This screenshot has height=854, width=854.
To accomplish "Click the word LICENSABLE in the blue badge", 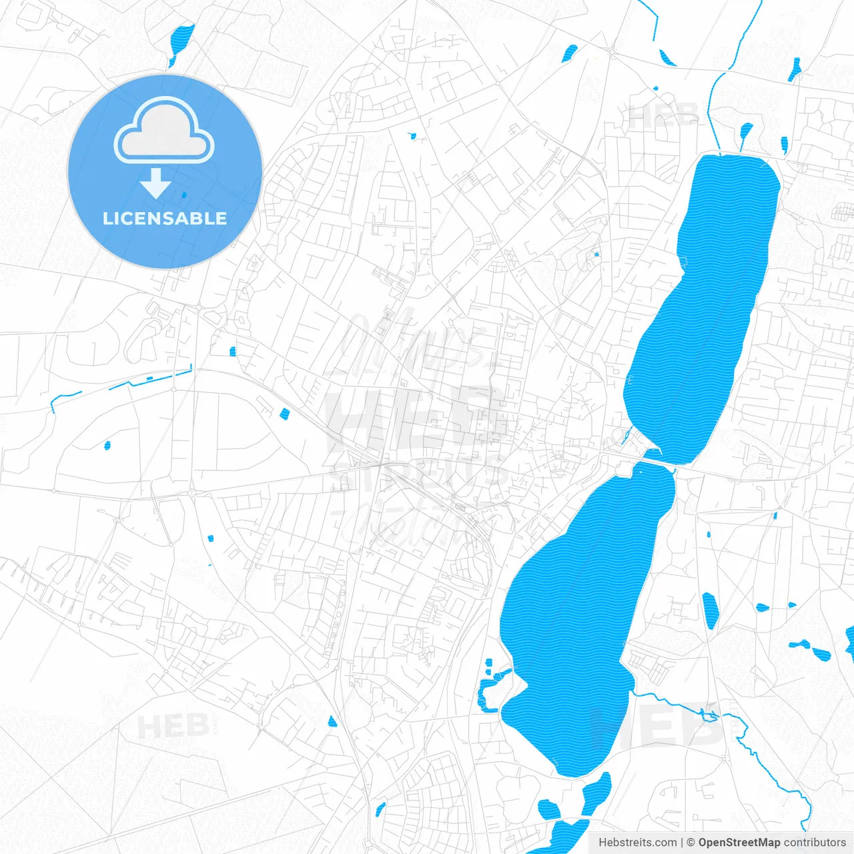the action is (165, 218).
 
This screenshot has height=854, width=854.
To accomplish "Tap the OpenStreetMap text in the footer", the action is (739, 843).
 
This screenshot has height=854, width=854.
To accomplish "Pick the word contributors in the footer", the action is (815, 843).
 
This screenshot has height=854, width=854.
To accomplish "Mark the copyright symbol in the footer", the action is (691, 843).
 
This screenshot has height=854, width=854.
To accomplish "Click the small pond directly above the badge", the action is (180, 41).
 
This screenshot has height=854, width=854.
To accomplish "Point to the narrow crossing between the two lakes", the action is (661, 461).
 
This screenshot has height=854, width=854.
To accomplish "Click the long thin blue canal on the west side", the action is (147, 380).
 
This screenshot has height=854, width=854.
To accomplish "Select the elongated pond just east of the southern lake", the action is (710, 610).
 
